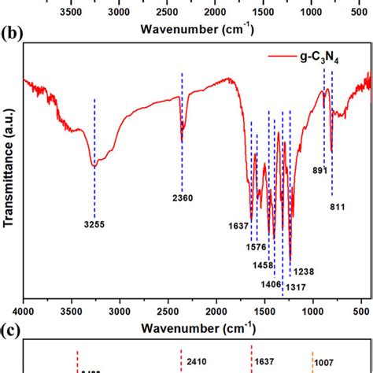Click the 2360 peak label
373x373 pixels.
[183, 198]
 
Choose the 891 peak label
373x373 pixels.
[320, 171]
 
